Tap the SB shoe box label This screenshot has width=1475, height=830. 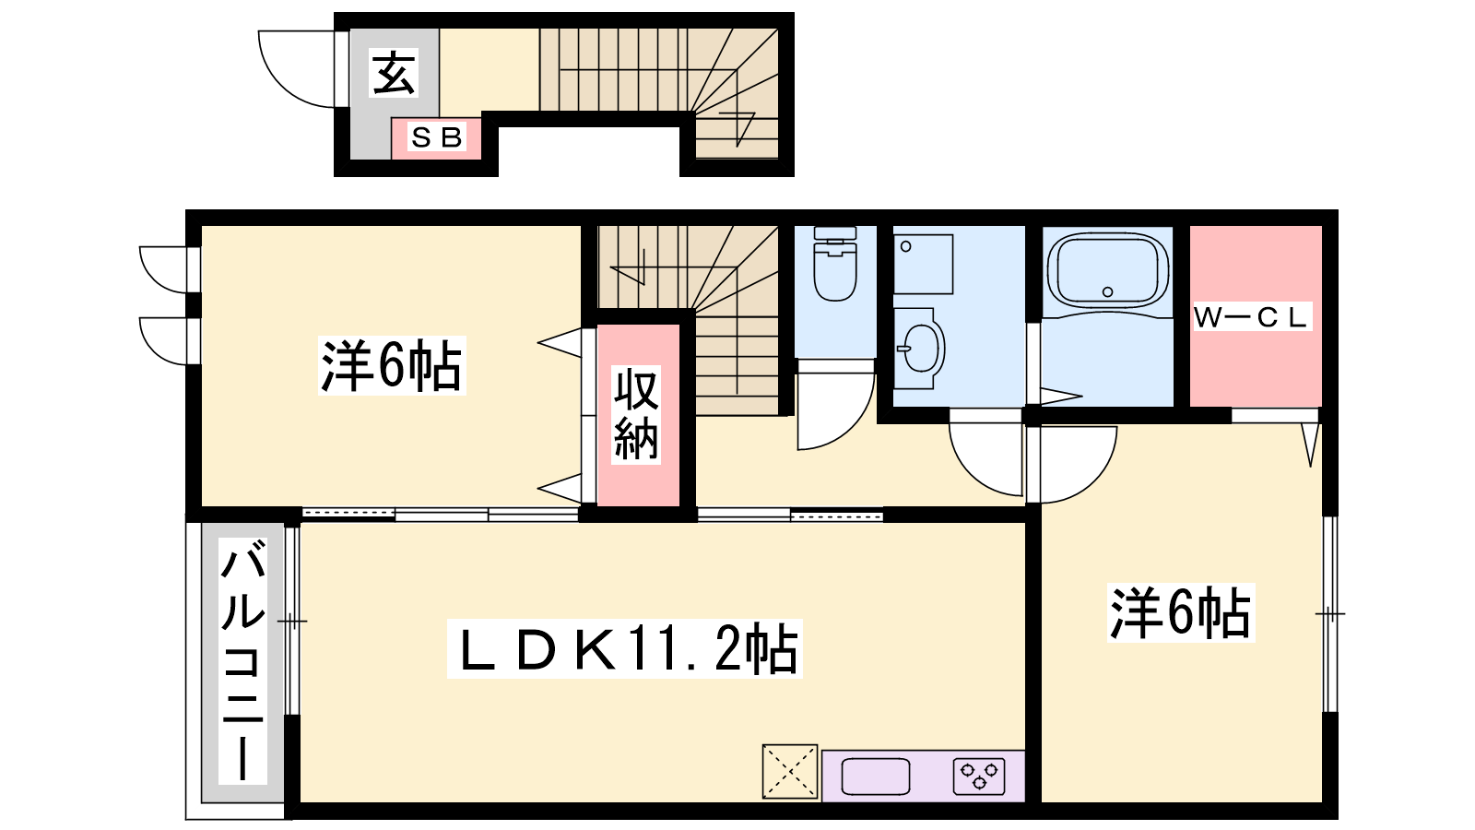click(x=436, y=137)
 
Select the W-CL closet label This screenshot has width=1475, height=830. click(x=1252, y=317)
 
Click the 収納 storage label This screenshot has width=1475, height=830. click(x=636, y=414)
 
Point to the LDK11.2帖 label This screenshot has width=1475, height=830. click(x=624, y=649)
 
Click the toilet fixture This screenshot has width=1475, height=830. click(x=835, y=264)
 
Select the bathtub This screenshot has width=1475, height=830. click(x=1107, y=271)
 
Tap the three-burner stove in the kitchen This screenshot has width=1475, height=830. click(x=979, y=776)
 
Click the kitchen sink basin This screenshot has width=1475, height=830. click(x=876, y=776)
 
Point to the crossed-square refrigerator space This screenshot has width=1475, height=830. click(x=789, y=771)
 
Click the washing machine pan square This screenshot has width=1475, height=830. click(x=923, y=264)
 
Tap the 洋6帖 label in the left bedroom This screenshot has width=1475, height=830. click(x=391, y=365)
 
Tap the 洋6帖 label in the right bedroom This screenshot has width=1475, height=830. click(x=1181, y=612)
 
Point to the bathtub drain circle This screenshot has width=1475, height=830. click(x=1107, y=291)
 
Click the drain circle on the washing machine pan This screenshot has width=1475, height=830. click(x=906, y=246)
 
